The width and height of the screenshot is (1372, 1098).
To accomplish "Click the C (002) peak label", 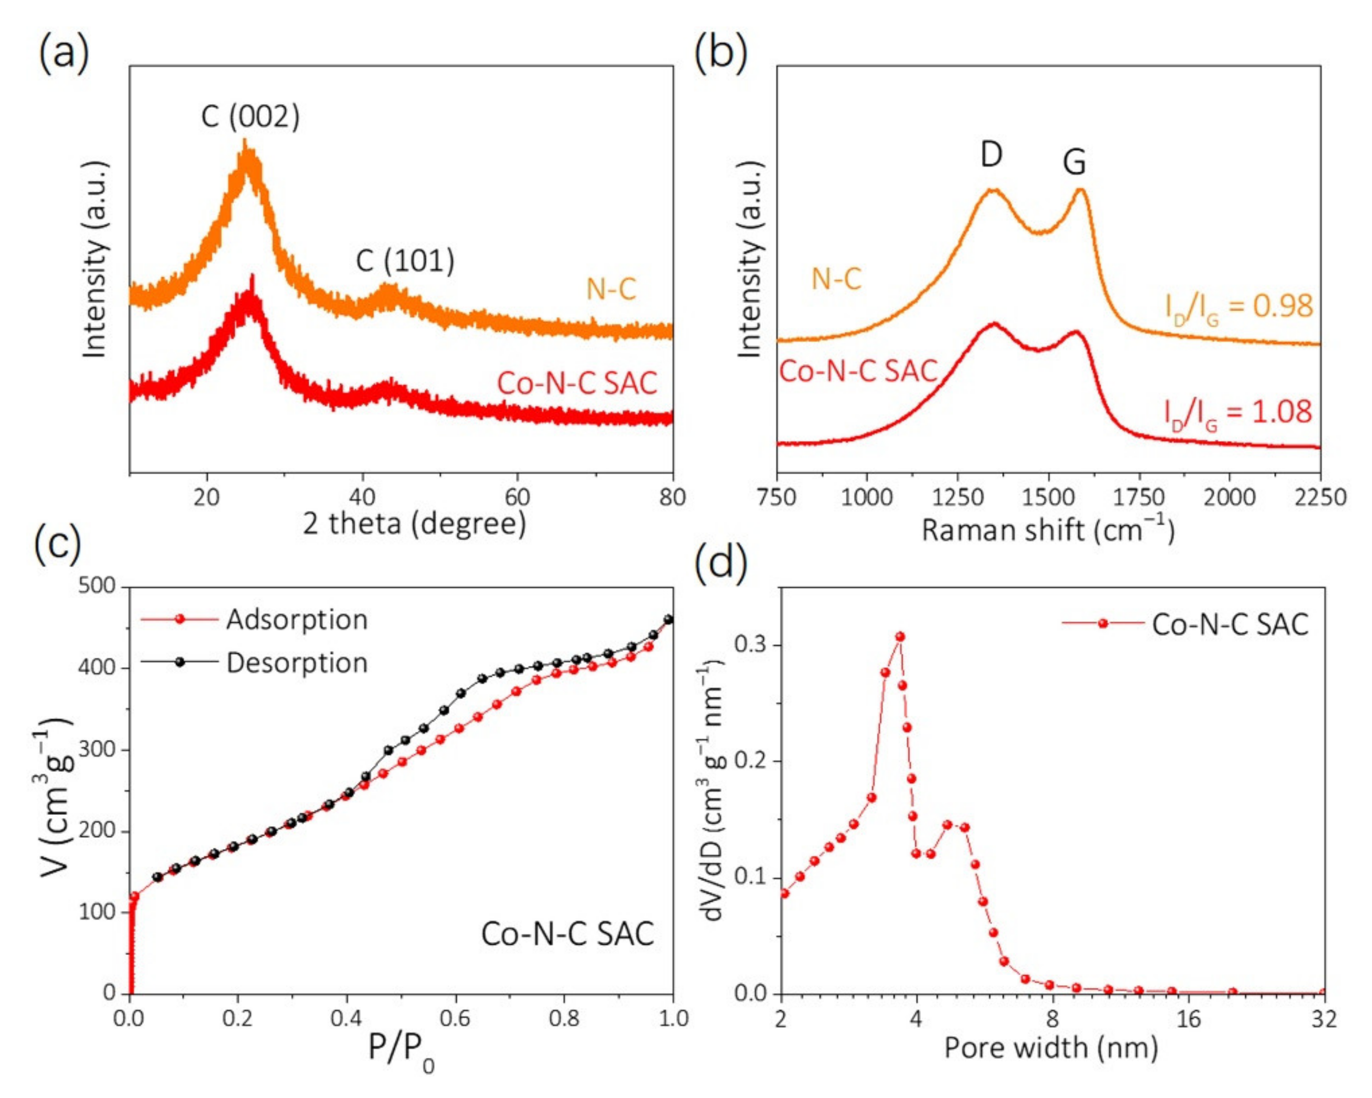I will click(250, 116).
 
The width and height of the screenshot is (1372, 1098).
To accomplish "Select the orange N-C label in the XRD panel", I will click(611, 290).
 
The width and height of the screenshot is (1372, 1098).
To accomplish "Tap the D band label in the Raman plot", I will click(991, 154).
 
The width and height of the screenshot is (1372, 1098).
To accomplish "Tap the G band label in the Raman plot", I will click(1074, 162).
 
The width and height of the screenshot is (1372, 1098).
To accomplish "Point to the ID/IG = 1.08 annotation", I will click(1238, 412).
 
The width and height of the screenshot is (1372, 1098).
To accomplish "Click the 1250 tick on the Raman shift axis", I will click(957, 497).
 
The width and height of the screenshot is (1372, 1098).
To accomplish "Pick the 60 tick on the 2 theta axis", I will click(517, 497).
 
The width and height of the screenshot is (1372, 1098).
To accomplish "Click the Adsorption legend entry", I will click(296, 620).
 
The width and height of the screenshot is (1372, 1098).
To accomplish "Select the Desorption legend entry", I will click(296, 663).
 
